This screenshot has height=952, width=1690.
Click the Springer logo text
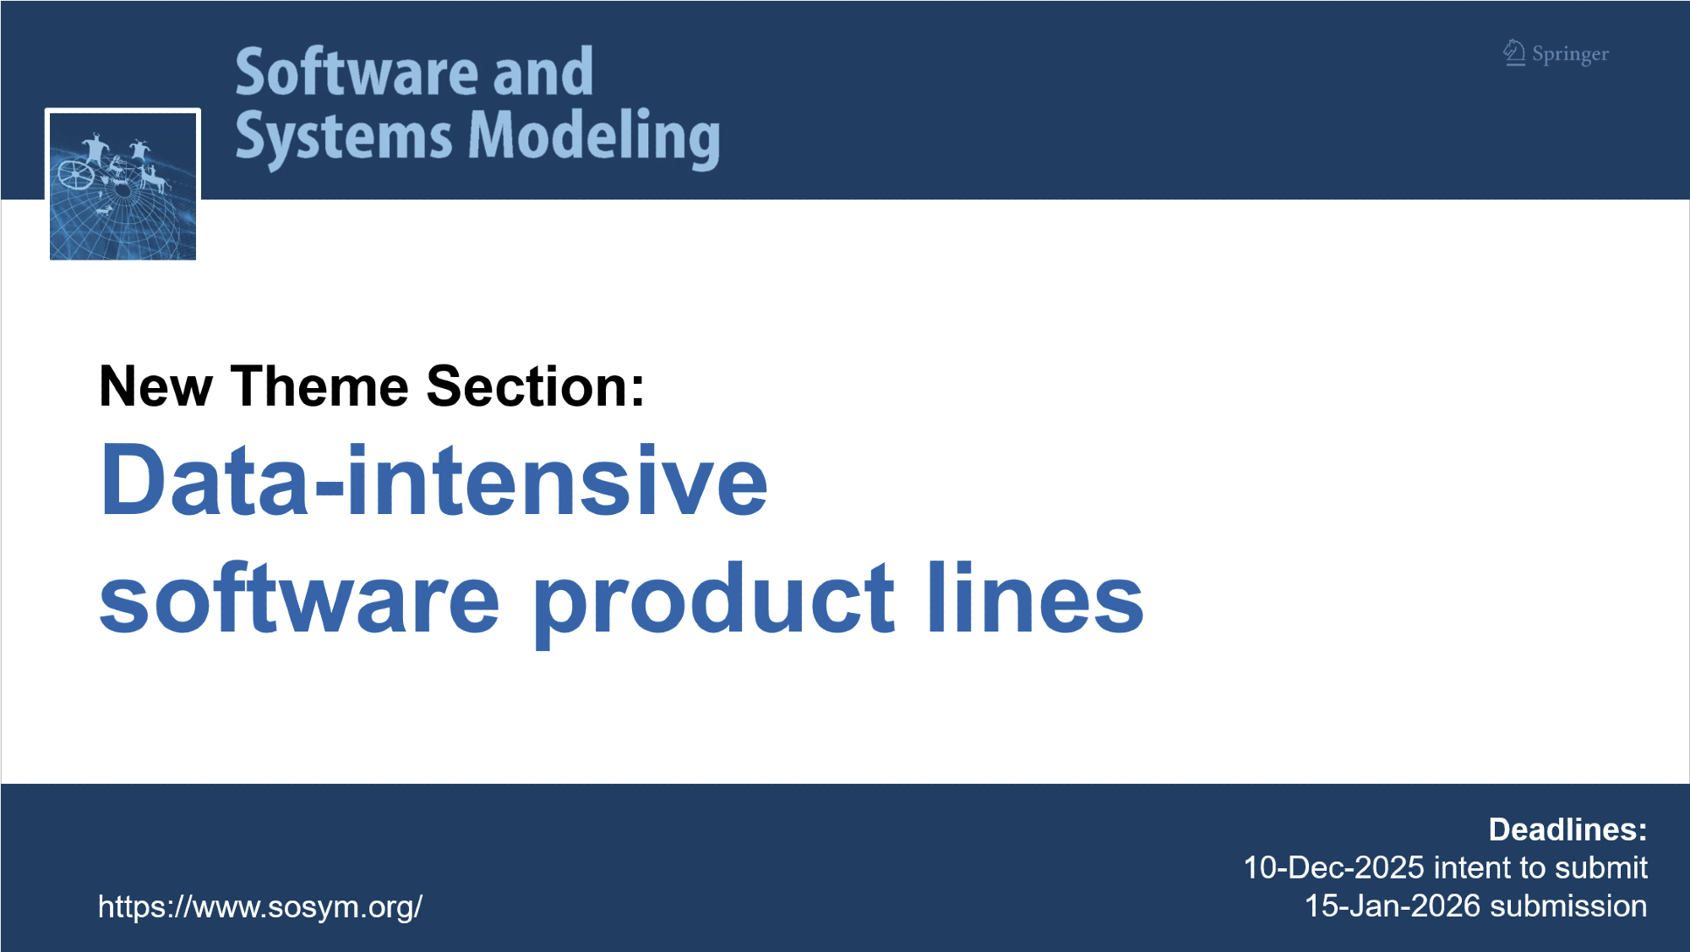[x=1570, y=55]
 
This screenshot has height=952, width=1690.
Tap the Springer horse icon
[x=1514, y=52]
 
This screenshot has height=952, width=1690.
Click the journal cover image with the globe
[x=123, y=185]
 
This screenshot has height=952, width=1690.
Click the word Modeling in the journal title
[x=594, y=137]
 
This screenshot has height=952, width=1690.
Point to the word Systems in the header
[x=345, y=137]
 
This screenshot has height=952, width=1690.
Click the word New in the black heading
[x=155, y=386]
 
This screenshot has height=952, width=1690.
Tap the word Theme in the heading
[x=320, y=386]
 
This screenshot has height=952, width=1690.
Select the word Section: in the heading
[x=536, y=386]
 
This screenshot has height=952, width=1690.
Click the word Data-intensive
[x=434, y=480]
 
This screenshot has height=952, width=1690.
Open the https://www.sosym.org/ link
[x=260, y=907]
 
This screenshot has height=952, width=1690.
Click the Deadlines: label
[x=1567, y=830]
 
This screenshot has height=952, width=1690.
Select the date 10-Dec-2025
[x=1334, y=868]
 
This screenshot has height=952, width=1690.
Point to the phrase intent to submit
[x=1540, y=868]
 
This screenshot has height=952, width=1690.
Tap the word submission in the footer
[x=1568, y=906]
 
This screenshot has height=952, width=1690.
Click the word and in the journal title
[x=543, y=73]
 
